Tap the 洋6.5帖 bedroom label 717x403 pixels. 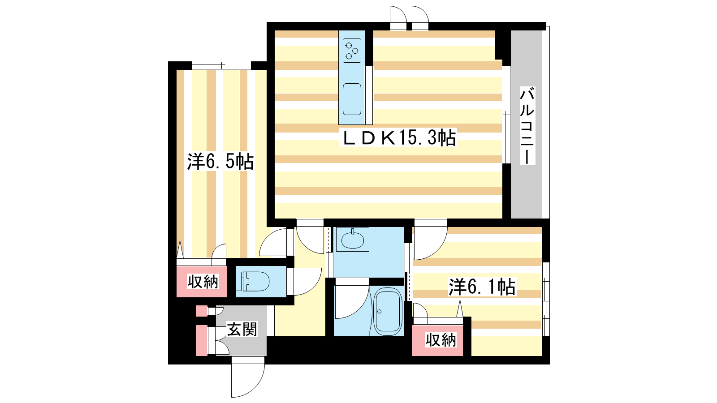click(x=220, y=162)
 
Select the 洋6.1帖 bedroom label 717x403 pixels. click(x=482, y=287)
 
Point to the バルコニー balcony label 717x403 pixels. click(x=527, y=125)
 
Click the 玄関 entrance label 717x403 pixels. click(x=242, y=329)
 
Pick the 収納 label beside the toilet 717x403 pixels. click(x=203, y=282)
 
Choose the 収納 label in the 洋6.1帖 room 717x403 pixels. click(x=441, y=340)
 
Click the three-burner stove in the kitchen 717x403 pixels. click(x=352, y=51)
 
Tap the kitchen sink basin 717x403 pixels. click(x=352, y=99)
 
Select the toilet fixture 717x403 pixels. click(x=252, y=282)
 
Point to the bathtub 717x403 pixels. click(x=388, y=312)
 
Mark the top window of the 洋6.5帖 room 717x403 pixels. click(x=221, y=65)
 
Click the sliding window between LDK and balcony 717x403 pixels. click(x=506, y=115)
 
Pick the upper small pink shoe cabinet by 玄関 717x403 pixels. click(x=202, y=311)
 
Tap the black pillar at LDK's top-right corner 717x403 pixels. click(x=502, y=45)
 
